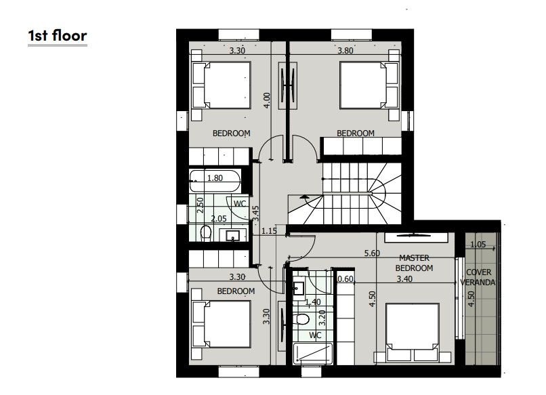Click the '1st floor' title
58,35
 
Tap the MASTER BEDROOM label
415,263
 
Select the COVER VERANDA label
480,276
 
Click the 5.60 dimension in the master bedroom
371,253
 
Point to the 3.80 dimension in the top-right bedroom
348,50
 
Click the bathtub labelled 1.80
215,180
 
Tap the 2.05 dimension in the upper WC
218,218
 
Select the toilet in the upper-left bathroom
208,234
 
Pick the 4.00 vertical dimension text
267,100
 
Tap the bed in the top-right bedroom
366,85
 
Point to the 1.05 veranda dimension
479,245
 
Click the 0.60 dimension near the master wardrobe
345,278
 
